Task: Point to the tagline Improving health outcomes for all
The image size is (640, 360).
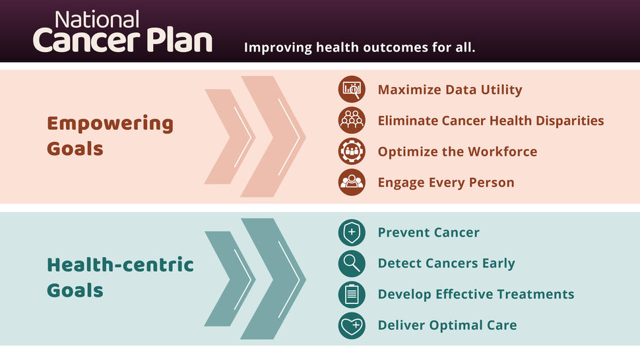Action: [360, 47]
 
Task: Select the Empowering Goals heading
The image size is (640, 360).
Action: [110, 136]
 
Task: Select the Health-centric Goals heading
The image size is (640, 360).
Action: [121, 278]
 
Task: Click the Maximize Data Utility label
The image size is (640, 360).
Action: [450, 90]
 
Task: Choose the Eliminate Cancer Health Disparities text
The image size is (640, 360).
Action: [491, 121]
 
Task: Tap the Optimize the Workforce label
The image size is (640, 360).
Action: [457, 152]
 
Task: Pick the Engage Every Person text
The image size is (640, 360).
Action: [446, 183]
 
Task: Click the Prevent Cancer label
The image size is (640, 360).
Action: [428, 232]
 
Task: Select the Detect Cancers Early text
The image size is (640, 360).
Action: [446, 263]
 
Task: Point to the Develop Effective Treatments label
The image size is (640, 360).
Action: [476, 294]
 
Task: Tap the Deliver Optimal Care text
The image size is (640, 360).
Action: [447, 325]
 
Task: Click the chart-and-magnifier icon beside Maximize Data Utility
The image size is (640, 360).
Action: [352, 89]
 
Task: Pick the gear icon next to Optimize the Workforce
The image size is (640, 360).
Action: [352, 151]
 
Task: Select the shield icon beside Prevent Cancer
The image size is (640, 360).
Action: [352, 232]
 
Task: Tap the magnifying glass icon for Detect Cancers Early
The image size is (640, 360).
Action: [352, 263]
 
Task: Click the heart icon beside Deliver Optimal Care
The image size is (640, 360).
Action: [352, 325]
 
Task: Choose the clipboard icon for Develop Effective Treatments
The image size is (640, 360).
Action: [352, 294]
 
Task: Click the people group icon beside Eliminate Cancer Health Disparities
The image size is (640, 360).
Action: [352, 120]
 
